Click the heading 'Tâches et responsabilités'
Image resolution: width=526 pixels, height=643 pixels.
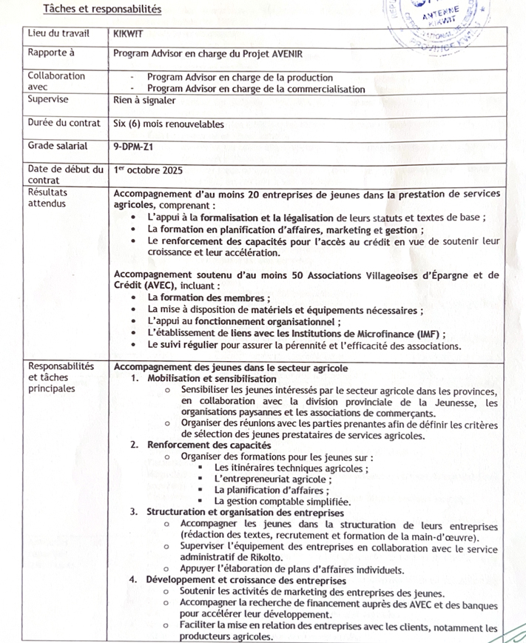coord(102,9)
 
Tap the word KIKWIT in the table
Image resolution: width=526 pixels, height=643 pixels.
coord(128,33)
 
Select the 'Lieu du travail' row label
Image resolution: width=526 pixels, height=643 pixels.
coord(58,33)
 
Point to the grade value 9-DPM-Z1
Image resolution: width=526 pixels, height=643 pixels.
coord(134,147)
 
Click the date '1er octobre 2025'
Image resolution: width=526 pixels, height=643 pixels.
coord(149,170)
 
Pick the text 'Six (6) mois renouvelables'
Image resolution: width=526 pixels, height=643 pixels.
coord(169,124)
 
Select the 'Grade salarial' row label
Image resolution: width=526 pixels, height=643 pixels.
coord(57,147)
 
